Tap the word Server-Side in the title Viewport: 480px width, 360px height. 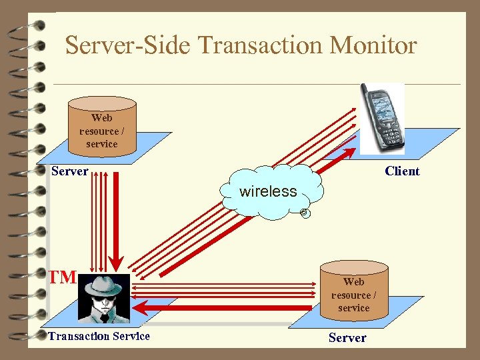[128, 45]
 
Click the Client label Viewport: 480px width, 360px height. [402, 171]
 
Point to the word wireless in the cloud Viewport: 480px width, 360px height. [268, 191]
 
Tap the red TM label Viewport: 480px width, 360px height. [63, 277]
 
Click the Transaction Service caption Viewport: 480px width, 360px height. [99, 336]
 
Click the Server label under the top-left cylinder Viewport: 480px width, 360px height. [70, 171]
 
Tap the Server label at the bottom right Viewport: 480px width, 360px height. [347, 337]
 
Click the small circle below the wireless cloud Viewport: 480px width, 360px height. [304, 213]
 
